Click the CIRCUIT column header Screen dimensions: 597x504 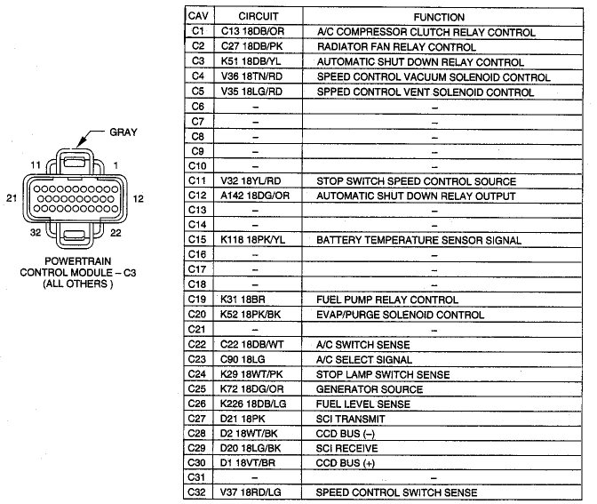(259, 16)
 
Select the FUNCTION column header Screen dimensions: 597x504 (439, 17)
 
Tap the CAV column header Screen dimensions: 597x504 (198, 16)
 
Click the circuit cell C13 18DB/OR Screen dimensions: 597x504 (252, 31)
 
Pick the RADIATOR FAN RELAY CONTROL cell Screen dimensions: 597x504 (396, 47)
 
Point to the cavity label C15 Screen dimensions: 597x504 (197, 239)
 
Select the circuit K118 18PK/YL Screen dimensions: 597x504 (252, 240)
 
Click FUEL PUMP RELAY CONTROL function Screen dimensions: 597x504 (386, 300)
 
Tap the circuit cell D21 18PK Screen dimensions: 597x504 (243, 419)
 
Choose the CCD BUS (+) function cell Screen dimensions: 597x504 (346, 463)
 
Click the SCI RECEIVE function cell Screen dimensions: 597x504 (346, 448)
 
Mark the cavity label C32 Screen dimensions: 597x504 (196, 492)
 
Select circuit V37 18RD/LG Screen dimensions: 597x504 (251, 492)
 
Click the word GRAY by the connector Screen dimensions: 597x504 (123, 132)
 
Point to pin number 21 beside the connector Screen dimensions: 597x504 (12, 198)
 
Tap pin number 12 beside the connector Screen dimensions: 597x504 (139, 199)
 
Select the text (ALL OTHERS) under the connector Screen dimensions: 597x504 (77, 284)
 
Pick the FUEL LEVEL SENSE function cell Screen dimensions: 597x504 (362, 404)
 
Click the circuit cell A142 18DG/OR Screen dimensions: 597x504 (255, 196)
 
